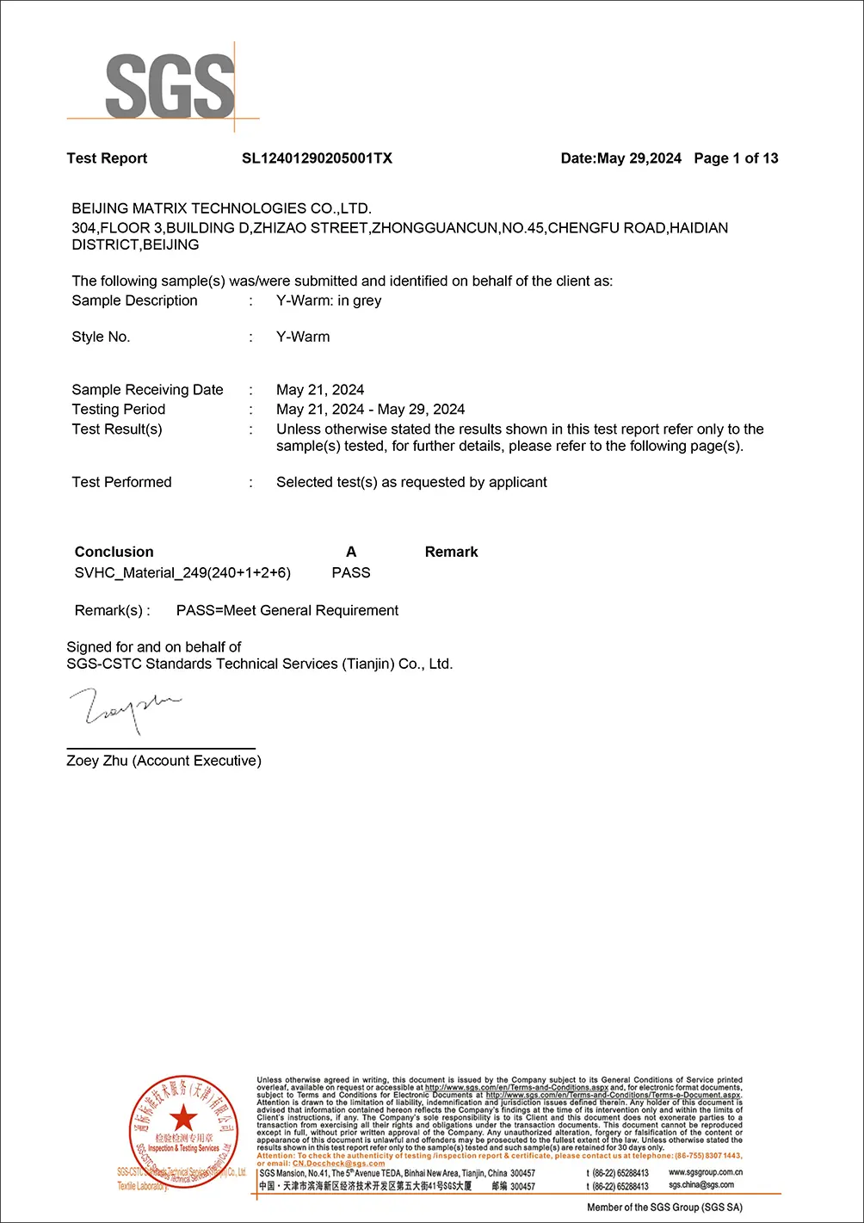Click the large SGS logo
click(x=170, y=86)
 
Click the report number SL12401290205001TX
click(x=317, y=158)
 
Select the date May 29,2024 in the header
click(x=639, y=158)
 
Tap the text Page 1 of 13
click(x=736, y=158)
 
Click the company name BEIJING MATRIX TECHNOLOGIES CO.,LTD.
click(x=221, y=208)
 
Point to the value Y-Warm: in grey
click(x=329, y=300)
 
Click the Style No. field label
click(x=101, y=337)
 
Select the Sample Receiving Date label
click(x=147, y=390)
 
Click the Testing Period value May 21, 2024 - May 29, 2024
click(x=370, y=410)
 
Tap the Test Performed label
click(x=121, y=482)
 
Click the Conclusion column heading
click(x=114, y=552)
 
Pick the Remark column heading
click(x=451, y=552)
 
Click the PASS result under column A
click(x=351, y=572)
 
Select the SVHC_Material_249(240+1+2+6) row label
click(x=182, y=572)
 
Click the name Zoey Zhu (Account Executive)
click(x=164, y=761)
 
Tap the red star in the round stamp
click(x=182, y=1118)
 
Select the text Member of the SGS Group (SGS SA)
click(x=664, y=1208)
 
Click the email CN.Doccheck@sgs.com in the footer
click(x=338, y=1164)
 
